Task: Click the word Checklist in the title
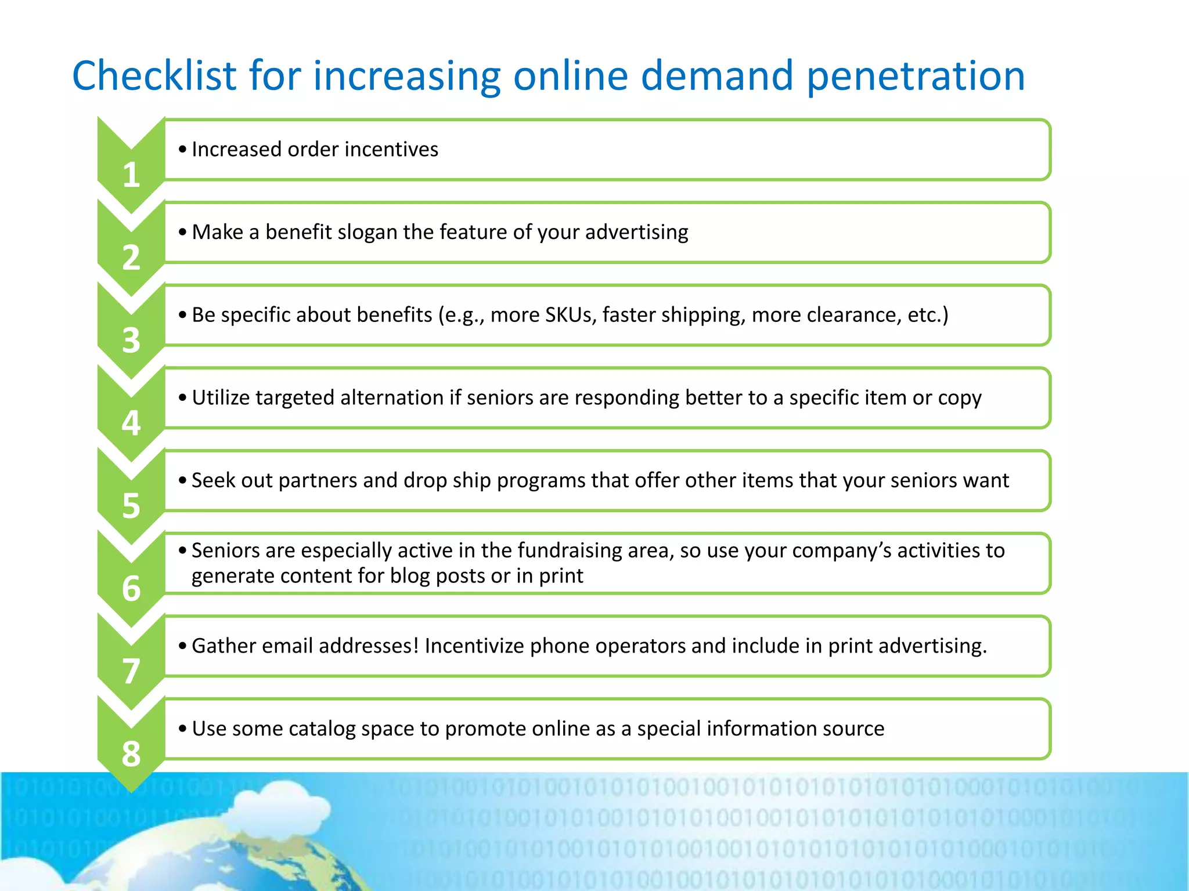point(154,76)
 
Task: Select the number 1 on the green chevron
point(131,175)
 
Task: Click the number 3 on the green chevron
point(131,341)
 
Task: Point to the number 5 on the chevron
point(131,506)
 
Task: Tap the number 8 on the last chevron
point(131,754)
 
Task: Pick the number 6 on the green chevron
point(131,588)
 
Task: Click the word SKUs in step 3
point(570,315)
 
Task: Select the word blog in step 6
point(410,576)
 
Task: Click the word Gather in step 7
point(224,646)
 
